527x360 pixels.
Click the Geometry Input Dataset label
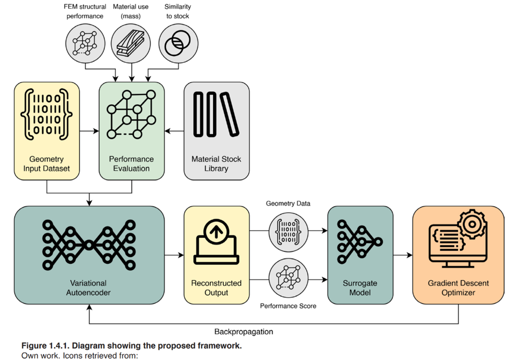click(x=46, y=164)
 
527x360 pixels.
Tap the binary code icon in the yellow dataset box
click(x=46, y=114)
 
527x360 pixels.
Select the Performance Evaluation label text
click(x=131, y=164)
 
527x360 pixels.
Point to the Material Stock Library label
click(x=216, y=164)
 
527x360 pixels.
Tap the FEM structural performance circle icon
click(x=85, y=44)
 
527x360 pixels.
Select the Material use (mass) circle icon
click(x=131, y=44)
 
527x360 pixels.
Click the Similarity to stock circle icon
click(x=178, y=44)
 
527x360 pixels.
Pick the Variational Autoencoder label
click(x=88, y=288)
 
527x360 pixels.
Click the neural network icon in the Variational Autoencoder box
click(x=89, y=245)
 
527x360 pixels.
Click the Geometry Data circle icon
click(x=288, y=231)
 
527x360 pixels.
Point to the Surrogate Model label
click(x=360, y=288)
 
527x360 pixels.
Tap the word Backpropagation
click(x=243, y=331)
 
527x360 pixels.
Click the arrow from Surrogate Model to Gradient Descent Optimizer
click(x=402, y=255)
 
